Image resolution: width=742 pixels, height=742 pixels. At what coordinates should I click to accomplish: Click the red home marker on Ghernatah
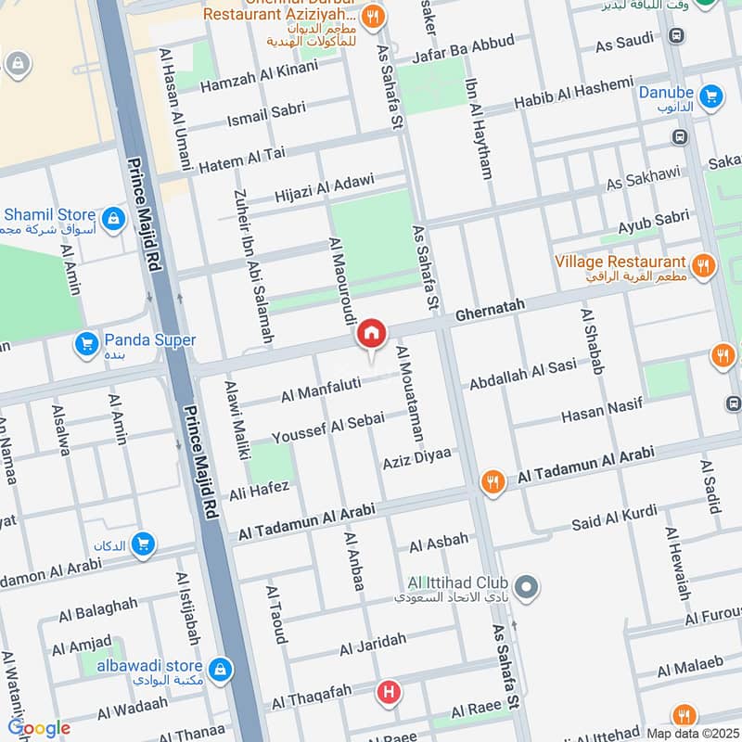(371, 334)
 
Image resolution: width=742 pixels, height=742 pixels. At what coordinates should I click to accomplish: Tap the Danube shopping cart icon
(711, 94)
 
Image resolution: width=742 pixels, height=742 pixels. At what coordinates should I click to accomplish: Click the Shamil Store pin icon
(112, 219)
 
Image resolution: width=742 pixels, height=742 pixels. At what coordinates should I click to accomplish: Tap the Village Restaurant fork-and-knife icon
(703, 266)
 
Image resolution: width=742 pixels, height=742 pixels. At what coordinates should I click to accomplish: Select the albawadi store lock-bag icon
(220, 668)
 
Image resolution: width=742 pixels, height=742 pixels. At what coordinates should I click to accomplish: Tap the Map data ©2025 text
(691, 733)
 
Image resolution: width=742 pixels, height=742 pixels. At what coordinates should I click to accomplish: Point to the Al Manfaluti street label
(320, 390)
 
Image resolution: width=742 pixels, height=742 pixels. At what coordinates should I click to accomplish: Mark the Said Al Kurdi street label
(614, 518)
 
